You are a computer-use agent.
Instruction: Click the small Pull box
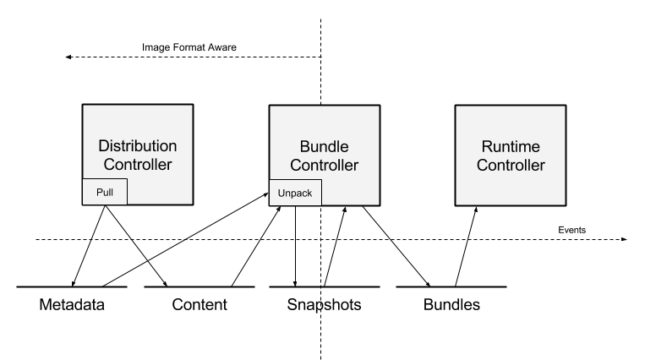tap(105, 192)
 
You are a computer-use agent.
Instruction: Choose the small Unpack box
tap(295, 193)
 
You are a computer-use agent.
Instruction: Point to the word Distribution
tap(138, 146)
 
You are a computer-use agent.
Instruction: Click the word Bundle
tap(325, 147)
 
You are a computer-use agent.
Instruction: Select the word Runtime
tap(511, 147)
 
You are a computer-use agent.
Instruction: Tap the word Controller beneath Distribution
tap(138, 165)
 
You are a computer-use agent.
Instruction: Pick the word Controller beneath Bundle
tap(325, 166)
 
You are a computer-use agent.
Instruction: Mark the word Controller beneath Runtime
tap(511, 166)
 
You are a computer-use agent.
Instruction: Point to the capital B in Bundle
tap(305, 147)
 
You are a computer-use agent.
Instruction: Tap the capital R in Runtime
tap(487, 147)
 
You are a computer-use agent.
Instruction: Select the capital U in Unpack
tap(281, 193)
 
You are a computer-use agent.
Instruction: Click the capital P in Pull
tap(99, 192)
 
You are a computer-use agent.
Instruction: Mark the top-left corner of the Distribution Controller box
tap(84, 106)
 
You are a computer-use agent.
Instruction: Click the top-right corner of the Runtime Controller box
tap(564, 106)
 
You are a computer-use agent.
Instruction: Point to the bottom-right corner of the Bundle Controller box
tap(378, 204)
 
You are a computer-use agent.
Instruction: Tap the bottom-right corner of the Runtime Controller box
tap(564, 204)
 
